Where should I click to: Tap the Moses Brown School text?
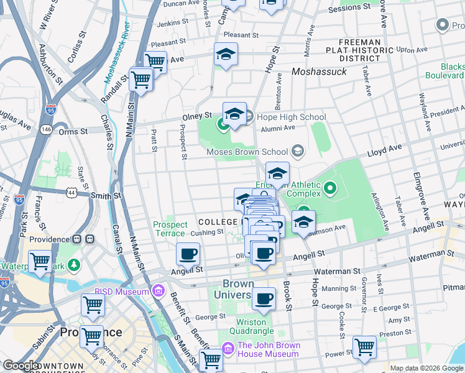[247, 152]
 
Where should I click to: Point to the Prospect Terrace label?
[170, 229]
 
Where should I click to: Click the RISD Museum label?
[122, 291]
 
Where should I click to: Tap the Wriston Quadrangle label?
[251, 326]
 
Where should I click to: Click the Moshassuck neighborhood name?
[319, 72]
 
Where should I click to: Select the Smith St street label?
[106, 196]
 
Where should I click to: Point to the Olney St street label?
[197, 116]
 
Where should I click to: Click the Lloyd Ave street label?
[385, 150]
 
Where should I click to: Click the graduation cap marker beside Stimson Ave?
[303, 222]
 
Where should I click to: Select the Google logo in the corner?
[20, 366]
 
